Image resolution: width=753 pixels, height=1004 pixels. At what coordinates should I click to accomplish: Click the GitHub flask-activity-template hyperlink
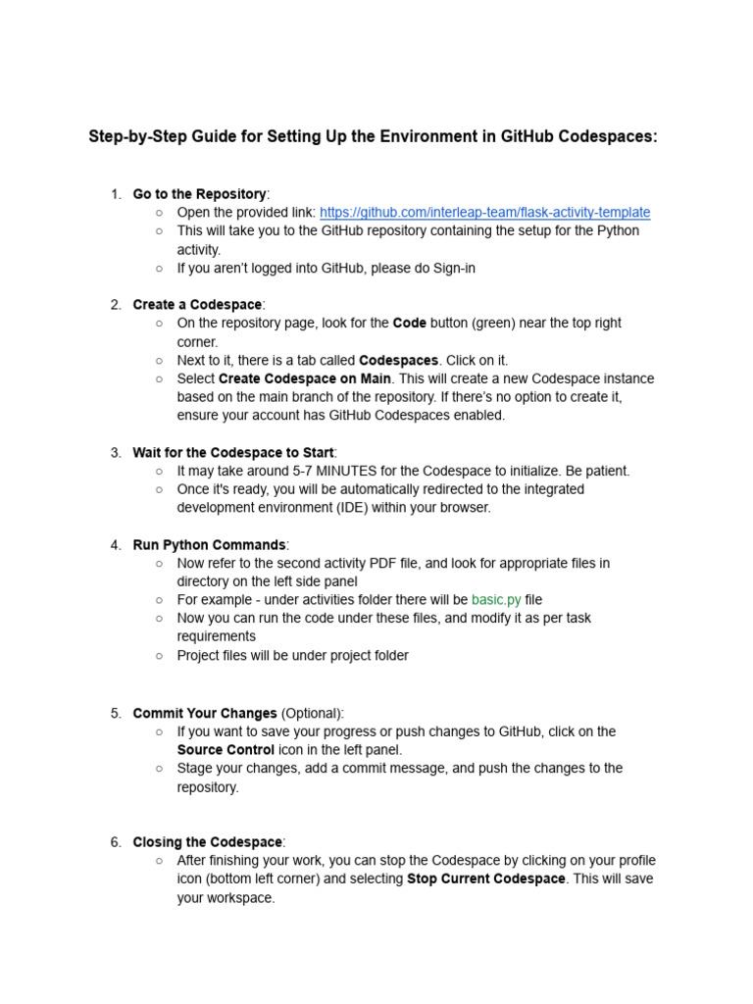click(484, 212)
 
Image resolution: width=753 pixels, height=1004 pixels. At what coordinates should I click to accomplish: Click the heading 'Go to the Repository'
click(199, 194)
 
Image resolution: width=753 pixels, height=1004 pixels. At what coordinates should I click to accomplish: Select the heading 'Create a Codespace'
click(197, 304)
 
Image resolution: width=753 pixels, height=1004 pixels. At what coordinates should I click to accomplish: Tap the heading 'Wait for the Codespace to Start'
click(233, 452)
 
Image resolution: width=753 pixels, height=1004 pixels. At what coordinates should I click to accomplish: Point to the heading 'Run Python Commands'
click(209, 544)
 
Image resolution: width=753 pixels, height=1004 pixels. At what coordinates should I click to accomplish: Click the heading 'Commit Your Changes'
click(205, 713)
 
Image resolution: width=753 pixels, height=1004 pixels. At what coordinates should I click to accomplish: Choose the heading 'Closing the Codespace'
click(208, 841)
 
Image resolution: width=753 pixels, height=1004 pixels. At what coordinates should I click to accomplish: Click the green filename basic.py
click(496, 599)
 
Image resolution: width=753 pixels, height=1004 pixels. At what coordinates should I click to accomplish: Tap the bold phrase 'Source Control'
click(226, 750)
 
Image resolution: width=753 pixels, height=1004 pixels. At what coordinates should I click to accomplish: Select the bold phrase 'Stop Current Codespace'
click(486, 878)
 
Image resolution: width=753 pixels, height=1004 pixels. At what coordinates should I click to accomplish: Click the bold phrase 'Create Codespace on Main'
click(305, 378)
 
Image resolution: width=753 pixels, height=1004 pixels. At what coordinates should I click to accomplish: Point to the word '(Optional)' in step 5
click(313, 713)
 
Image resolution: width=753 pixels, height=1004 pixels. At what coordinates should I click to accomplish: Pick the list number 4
click(116, 544)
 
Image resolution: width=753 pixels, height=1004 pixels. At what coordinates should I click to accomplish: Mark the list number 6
click(116, 841)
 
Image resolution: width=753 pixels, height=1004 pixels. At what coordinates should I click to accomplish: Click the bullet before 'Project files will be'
click(159, 656)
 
